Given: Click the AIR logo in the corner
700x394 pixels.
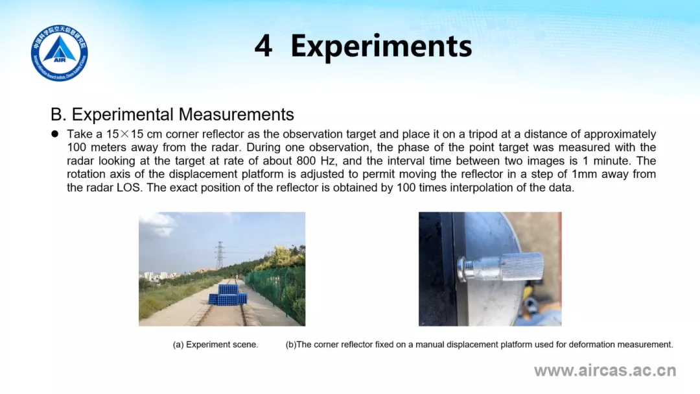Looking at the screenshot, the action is click(60, 53).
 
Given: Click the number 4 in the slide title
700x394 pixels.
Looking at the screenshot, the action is click(263, 46).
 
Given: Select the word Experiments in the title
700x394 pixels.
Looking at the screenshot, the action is click(381, 47).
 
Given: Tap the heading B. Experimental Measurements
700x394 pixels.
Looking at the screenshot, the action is click(172, 114).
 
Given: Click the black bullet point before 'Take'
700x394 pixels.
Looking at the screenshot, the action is click(55, 134).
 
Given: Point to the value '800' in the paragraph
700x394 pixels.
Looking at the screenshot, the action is click(306, 160).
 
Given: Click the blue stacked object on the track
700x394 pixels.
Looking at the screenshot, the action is click(227, 295).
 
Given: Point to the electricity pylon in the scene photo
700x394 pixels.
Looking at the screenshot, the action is click(220, 255).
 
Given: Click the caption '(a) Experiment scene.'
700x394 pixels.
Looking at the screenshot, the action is click(215, 345).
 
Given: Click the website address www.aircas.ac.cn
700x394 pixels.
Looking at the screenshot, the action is click(605, 370).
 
